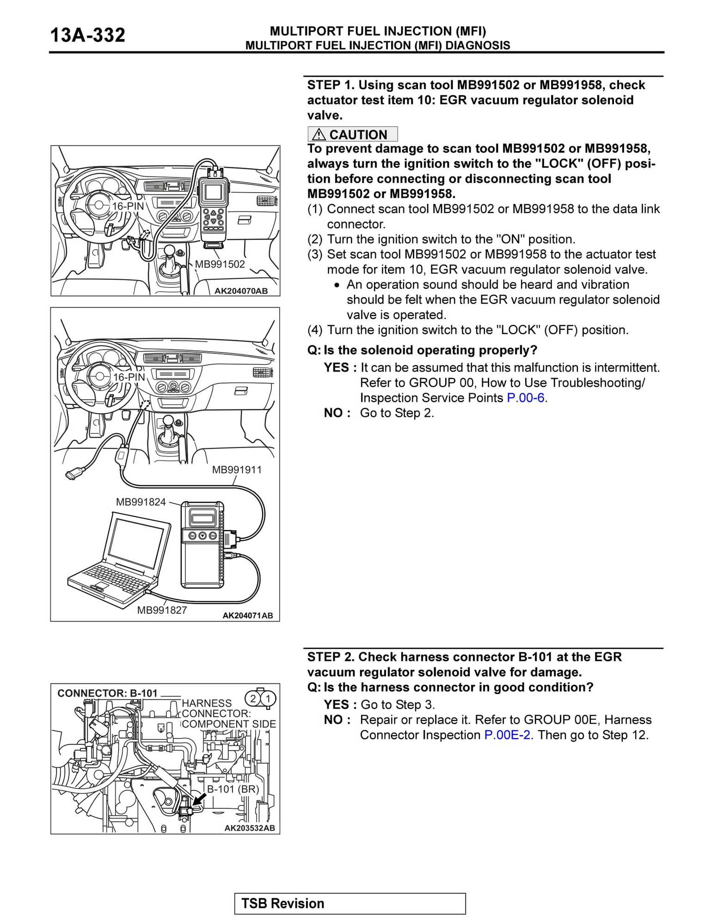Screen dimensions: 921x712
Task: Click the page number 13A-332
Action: point(87,35)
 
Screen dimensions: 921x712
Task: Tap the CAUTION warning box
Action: point(352,134)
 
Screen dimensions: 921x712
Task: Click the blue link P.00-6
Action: point(526,398)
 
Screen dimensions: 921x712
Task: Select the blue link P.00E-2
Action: point(507,735)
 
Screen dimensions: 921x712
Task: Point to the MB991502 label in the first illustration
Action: point(220,264)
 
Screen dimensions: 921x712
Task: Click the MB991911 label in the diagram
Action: point(237,470)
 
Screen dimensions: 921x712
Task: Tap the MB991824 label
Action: point(141,502)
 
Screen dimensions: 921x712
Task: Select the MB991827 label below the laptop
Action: point(162,610)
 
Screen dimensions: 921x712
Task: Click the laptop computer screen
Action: point(135,543)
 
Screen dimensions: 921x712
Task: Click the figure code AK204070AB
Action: point(241,291)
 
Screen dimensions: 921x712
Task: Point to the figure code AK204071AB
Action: point(248,616)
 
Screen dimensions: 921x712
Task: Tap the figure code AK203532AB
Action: point(250,828)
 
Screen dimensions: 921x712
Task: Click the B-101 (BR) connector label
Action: point(233,789)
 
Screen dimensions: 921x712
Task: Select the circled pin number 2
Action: point(253,698)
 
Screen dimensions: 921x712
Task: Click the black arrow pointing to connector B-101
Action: point(199,799)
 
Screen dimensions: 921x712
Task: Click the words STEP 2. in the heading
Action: point(331,657)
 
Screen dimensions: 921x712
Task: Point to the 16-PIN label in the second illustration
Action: point(129,378)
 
